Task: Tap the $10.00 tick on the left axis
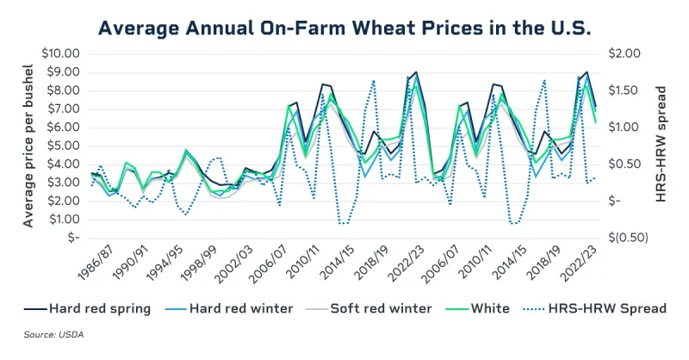point(60,53)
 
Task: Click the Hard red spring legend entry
point(90,307)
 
